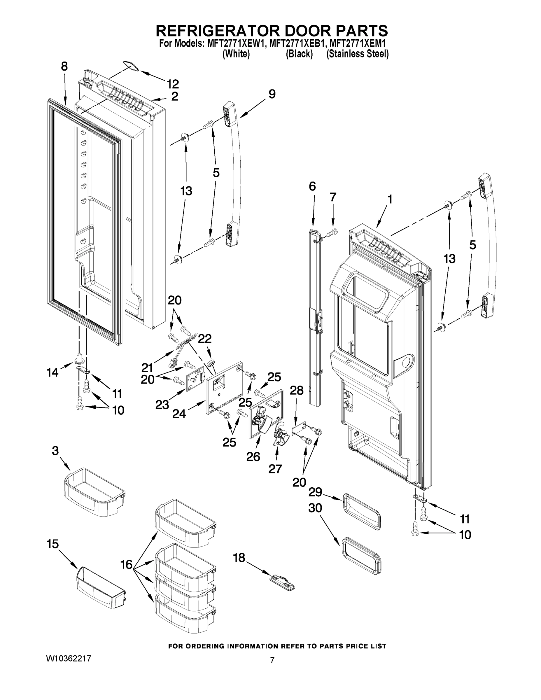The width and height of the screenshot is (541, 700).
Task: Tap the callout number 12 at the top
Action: coord(173,84)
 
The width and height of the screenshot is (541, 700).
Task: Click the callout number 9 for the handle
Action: coord(272,94)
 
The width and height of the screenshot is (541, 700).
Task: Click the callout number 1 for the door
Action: coord(390,199)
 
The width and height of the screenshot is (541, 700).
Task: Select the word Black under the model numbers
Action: coord(299,54)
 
